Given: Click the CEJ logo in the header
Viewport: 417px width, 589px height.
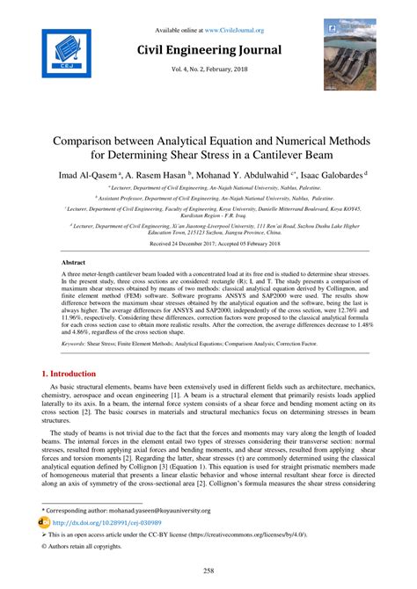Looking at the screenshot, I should click(62, 53).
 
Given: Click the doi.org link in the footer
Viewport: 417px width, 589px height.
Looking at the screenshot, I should click(94, 521).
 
